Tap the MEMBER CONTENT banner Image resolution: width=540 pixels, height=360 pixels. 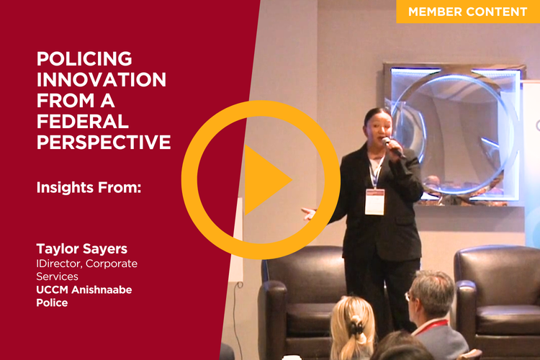click(x=468, y=12)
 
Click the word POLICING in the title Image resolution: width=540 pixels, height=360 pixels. click(x=84, y=58)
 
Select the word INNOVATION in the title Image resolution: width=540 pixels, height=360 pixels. click(x=102, y=80)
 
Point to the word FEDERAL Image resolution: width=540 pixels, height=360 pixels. click(x=83, y=121)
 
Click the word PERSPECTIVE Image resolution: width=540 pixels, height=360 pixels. click(x=104, y=143)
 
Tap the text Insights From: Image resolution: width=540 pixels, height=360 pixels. click(x=89, y=188)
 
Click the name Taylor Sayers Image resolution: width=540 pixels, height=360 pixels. click(x=82, y=248)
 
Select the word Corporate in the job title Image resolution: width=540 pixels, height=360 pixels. click(x=112, y=264)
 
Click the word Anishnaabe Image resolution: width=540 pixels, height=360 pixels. click(x=102, y=289)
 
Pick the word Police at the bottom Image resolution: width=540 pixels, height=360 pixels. click(x=52, y=303)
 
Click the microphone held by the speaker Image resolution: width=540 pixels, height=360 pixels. click(x=392, y=146)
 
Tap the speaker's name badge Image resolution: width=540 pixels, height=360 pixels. click(x=374, y=202)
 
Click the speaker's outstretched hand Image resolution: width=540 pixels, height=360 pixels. click(x=310, y=214)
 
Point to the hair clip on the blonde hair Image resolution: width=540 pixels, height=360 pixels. click(x=356, y=326)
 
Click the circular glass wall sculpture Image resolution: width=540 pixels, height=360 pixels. click(x=455, y=135)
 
